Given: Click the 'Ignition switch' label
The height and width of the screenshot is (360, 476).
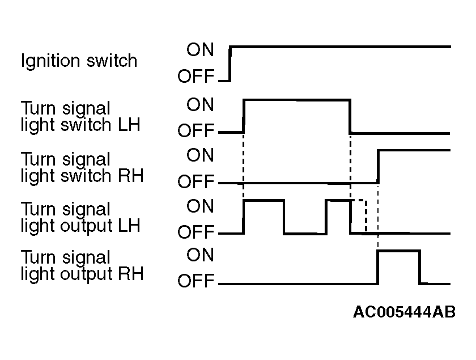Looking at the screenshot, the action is [79, 61].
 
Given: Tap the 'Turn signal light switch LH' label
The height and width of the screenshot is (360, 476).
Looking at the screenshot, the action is [80, 117].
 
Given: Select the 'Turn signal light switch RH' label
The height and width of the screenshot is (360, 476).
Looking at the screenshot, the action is [82, 167].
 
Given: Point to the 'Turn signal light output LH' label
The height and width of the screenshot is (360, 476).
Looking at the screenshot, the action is [80, 218].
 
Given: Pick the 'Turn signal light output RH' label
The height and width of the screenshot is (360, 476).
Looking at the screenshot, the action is [82, 266].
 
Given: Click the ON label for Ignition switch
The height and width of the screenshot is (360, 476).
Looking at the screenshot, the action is [201, 49].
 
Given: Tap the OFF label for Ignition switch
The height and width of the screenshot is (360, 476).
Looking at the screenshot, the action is [196, 76].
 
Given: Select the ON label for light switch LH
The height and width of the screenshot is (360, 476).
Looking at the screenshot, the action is [201, 104].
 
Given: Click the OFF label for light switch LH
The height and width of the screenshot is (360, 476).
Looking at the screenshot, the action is [196, 130].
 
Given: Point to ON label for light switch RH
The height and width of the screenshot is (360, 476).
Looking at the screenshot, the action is [201, 155].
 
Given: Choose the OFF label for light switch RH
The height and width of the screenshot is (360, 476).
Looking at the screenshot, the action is [196, 181].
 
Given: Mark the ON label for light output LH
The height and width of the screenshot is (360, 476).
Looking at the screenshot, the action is [201, 206].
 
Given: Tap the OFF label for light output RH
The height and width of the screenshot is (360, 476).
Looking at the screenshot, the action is [196, 281].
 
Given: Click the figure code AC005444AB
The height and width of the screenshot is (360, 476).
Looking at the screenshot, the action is [405, 312].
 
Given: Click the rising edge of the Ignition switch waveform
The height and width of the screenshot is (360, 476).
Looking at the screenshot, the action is [230, 64].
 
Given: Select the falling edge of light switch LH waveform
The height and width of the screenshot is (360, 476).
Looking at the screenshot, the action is [350, 116].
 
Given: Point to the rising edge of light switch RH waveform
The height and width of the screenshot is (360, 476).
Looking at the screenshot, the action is [379, 167].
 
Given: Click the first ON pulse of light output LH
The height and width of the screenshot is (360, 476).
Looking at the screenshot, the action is [264, 201].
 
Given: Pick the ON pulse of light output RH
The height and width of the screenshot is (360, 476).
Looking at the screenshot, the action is [399, 251].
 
